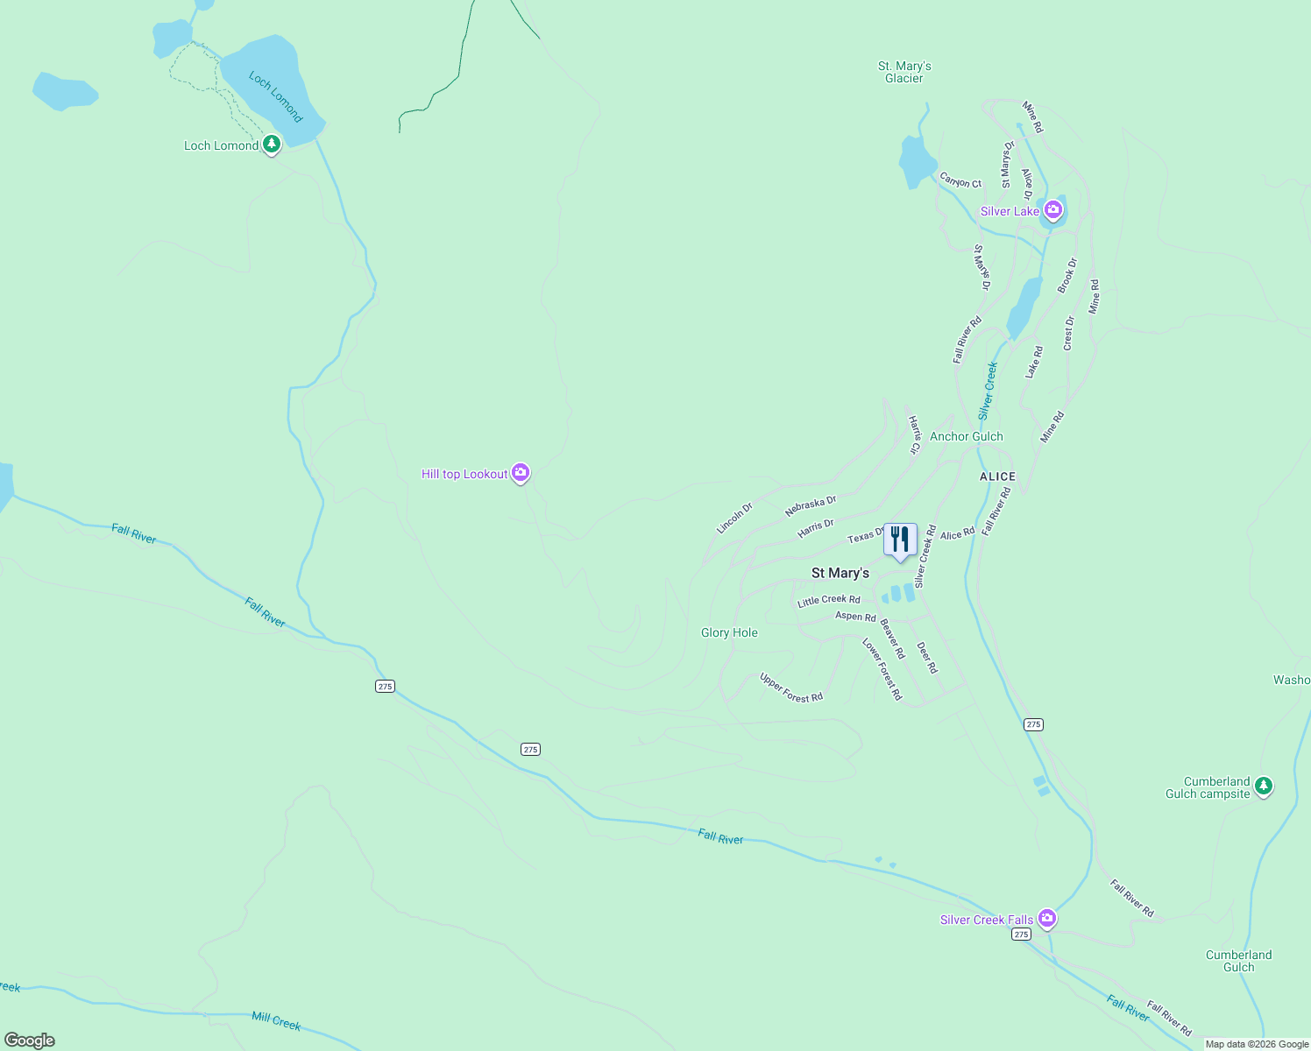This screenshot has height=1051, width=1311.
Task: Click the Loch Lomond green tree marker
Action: [272, 144]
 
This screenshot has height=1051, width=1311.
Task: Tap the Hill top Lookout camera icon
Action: [521, 473]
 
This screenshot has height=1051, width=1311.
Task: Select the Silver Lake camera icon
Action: [1053, 210]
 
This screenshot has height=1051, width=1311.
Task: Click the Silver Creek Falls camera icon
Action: [1046, 918]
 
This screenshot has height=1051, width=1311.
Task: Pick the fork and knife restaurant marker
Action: [900, 540]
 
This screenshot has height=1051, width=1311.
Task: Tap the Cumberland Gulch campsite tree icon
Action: [1263, 786]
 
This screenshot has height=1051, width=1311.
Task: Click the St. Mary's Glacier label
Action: [904, 72]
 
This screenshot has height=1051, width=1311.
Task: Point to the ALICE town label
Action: [997, 476]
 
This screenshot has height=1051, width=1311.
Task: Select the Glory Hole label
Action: [729, 632]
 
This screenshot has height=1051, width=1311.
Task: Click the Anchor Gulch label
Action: [966, 436]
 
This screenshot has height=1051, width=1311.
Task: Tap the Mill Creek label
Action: [276, 1021]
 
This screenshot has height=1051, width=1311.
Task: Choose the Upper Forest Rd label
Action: [791, 688]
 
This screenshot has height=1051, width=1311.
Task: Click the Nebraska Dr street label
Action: [811, 505]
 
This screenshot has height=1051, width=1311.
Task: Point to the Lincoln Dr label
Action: [734, 518]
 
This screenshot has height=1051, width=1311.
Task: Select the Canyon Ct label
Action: [960, 180]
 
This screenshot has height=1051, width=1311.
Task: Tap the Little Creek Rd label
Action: [828, 601]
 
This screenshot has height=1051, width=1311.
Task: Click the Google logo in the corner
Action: [29, 1040]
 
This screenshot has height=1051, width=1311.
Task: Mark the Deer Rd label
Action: [927, 657]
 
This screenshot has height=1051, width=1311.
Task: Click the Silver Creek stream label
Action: [988, 390]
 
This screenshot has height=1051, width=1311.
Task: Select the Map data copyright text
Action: [1257, 1044]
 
